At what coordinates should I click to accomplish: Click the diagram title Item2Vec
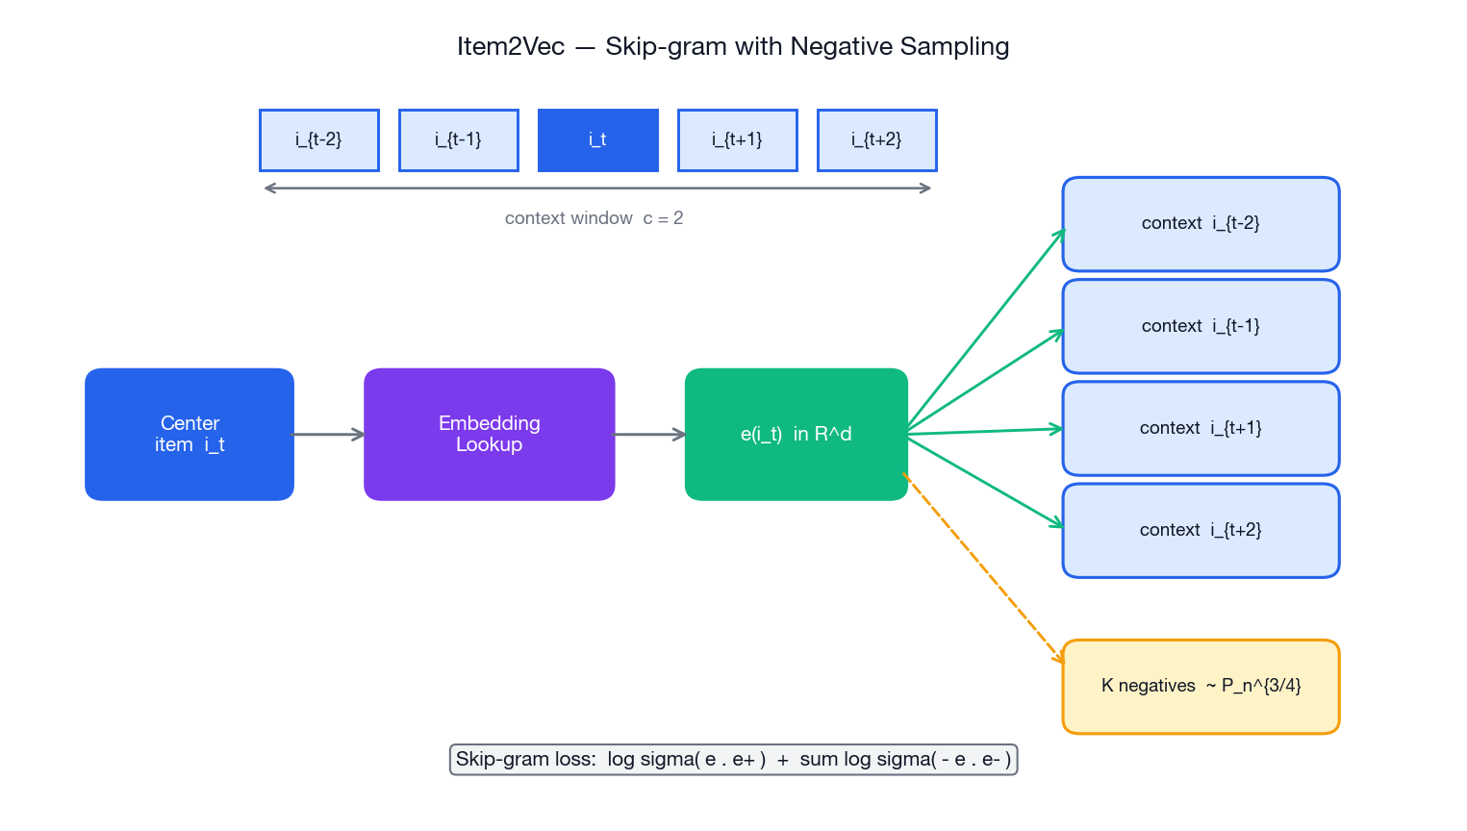733,46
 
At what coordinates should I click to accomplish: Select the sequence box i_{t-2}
319,140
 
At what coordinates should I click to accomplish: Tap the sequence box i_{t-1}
459,140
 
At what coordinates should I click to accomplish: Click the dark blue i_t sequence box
598,140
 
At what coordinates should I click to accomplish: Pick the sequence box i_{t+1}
738,140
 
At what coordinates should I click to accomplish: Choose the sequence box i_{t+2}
877,140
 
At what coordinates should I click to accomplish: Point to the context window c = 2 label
594,218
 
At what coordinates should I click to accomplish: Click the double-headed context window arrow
597,189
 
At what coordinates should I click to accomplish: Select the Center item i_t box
190,434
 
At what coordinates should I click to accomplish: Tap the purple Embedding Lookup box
489,434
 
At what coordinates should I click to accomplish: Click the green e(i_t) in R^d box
797,434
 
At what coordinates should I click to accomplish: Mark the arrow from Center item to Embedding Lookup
329,435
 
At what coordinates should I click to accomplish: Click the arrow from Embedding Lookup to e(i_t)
649,435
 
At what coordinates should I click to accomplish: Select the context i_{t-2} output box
1201,224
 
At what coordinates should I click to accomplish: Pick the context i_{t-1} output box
1201,326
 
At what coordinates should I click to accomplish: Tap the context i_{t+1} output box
1201,428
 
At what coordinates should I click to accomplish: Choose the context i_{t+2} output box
1201,530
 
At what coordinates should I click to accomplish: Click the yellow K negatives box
1201,687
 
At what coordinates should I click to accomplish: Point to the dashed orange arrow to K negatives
983,567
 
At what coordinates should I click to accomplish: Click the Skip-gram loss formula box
733,760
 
